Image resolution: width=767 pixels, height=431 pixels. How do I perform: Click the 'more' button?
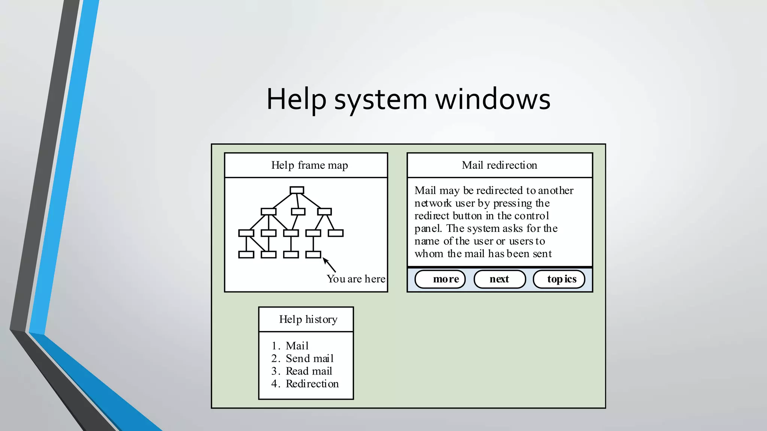coord(440,279)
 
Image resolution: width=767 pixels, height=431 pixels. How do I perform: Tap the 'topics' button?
coord(559,279)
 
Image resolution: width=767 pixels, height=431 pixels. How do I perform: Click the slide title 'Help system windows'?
coord(408,99)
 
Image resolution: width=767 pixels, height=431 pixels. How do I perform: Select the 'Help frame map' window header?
coord(309,165)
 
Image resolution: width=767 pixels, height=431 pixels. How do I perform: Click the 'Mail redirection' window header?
coord(499,165)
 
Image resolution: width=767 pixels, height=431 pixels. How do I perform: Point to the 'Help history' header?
coord(308,320)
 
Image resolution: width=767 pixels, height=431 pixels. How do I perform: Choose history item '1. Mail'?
coord(290,346)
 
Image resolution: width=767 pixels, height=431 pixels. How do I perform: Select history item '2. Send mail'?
coord(302,358)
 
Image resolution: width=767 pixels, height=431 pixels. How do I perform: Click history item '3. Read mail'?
coord(301,371)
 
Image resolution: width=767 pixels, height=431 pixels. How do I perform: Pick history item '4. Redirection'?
coord(305,384)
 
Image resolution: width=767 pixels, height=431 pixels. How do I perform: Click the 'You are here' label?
coord(356,279)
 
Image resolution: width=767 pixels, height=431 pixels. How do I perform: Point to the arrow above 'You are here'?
coord(329,265)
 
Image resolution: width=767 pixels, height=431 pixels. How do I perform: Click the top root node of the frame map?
coord(297,190)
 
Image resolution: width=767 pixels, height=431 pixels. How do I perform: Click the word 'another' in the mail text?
coord(555,191)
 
